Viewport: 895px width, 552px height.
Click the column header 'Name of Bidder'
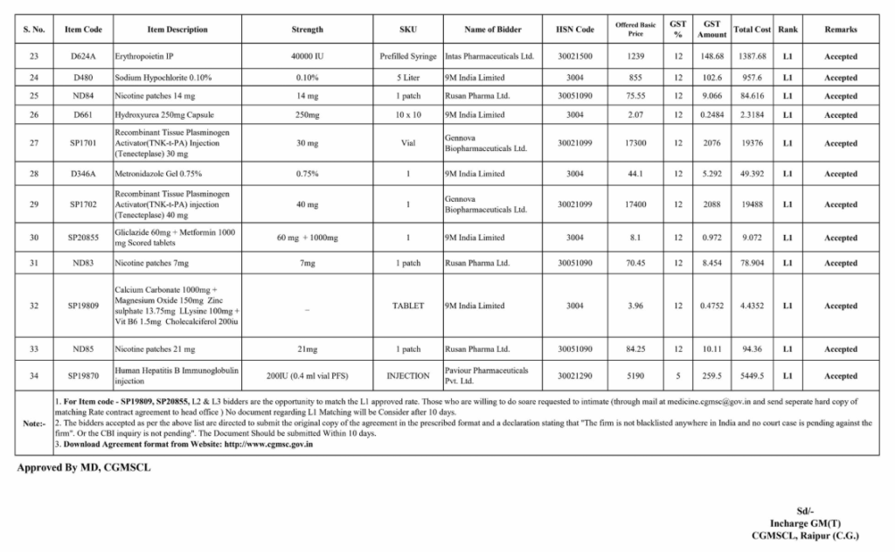coord(493,30)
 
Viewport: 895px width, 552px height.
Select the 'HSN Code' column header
coord(574,30)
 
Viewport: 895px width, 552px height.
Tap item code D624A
coord(84,57)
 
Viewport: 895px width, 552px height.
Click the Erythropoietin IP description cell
coord(145,57)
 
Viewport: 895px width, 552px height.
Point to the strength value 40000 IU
coord(307,57)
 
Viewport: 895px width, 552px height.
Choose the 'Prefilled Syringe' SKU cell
coord(408,57)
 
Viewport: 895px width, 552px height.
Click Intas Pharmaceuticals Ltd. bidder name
coord(489,57)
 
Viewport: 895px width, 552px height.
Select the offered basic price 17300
coord(636,143)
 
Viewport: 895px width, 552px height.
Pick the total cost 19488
coord(752,204)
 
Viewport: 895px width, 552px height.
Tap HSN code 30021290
coord(574,376)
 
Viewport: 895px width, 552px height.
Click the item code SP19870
coord(84,376)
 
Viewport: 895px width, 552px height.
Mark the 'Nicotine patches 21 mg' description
coord(154,349)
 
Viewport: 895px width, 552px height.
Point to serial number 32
coord(33,306)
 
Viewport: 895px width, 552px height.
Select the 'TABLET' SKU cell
coord(408,306)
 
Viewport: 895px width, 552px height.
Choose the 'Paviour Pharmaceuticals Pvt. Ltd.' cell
coord(486,376)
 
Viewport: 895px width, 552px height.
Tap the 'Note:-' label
coord(34,423)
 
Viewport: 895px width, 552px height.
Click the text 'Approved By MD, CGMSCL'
coord(84,468)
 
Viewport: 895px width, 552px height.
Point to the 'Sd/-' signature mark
coord(805,511)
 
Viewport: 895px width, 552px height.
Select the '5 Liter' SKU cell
coord(408,77)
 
